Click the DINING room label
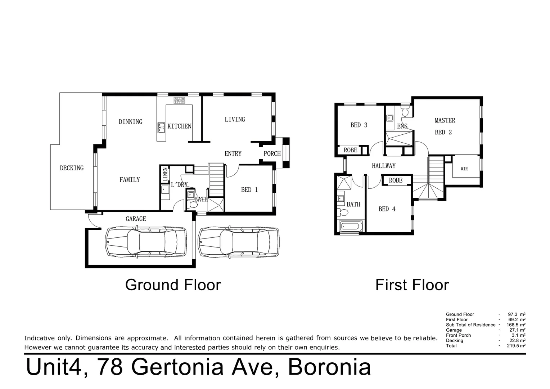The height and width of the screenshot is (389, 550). [x=130, y=122]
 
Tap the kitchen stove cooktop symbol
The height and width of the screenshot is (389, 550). [x=179, y=100]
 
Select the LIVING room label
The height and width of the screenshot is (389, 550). [x=235, y=119]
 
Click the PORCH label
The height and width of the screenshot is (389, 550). [x=272, y=153]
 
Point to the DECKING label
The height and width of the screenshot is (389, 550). [x=72, y=168]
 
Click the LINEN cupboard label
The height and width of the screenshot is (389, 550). [x=165, y=174]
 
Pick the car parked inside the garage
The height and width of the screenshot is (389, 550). [x=146, y=242]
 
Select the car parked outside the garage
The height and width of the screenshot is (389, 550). [x=239, y=242]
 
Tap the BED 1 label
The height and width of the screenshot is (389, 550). [x=249, y=190]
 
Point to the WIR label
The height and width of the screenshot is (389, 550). [x=464, y=169]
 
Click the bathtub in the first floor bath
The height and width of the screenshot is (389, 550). [x=351, y=227]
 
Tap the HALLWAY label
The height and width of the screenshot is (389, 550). [x=383, y=166]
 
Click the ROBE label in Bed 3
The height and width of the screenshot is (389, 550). [x=350, y=150]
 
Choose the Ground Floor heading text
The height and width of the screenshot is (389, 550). [x=173, y=285]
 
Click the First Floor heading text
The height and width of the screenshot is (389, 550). [x=412, y=285]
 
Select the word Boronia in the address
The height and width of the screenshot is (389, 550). [x=329, y=367]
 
